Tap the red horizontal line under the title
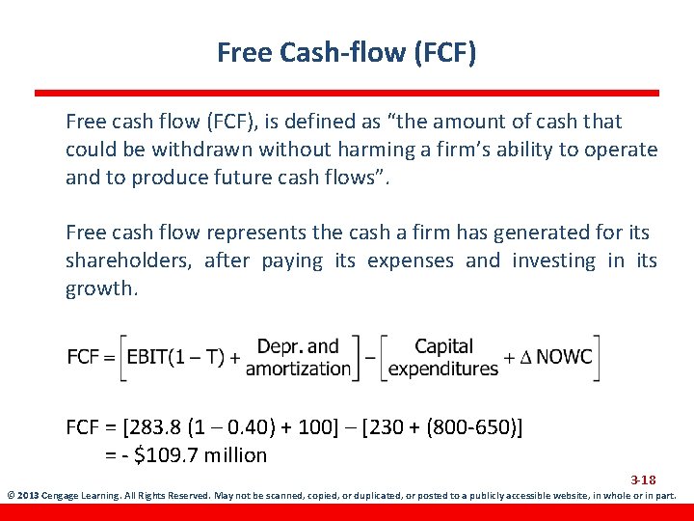coord(347,94)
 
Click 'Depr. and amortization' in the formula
coord(298,357)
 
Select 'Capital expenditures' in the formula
coord(443,357)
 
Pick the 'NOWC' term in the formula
coord(564,357)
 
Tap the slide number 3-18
coord(643,480)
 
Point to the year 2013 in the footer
coord(25,496)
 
